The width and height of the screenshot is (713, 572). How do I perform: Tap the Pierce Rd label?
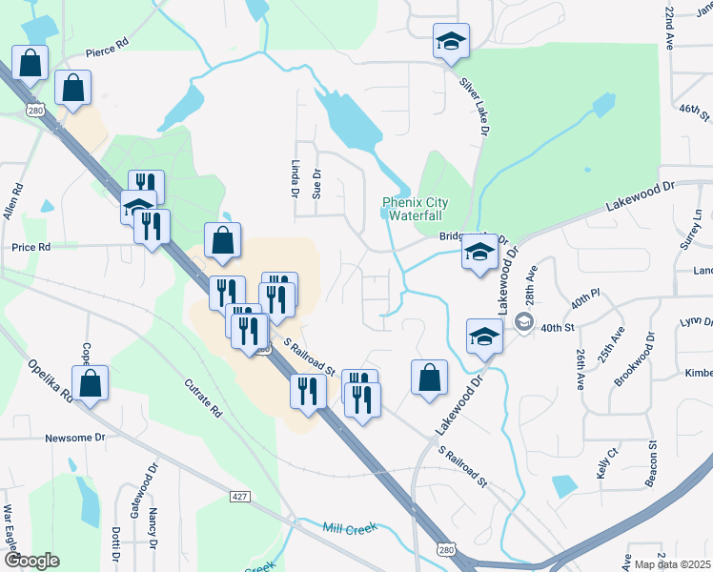pos(106,44)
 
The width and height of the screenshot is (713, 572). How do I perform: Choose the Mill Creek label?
pos(350,527)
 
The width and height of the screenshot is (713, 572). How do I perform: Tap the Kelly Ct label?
pos(606,463)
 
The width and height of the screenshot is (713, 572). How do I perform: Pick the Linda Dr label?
pos(295,179)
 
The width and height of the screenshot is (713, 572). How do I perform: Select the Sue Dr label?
pos(317,184)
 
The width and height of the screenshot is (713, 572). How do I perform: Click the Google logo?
pos(31,561)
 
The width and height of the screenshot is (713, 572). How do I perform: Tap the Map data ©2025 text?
pos(672,564)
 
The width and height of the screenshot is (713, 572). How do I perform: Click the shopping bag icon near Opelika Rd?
pos(91,384)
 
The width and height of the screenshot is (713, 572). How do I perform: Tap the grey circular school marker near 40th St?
pos(523,323)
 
